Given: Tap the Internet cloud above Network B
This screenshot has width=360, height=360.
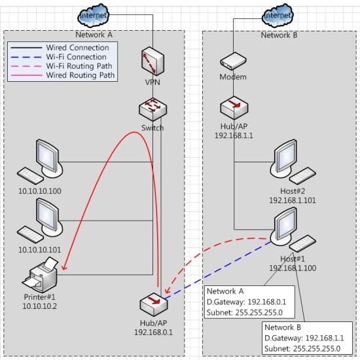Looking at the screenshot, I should click(x=277, y=14).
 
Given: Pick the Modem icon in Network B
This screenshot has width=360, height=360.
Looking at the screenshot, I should click(x=232, y=62).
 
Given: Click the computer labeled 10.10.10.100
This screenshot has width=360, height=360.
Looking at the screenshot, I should click(x=43, y=160).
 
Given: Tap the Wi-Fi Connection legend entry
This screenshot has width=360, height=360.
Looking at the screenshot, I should click(x=76, y=57).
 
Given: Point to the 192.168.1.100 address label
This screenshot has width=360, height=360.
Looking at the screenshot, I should click(x=292, y=268).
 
